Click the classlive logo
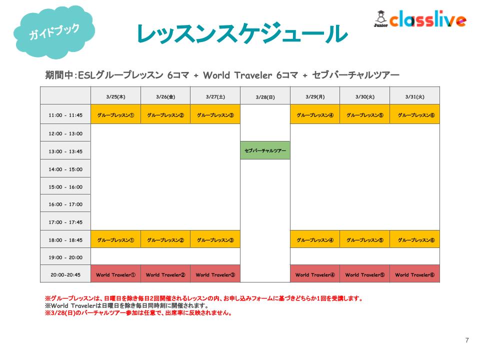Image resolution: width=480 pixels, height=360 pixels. click(420, 19)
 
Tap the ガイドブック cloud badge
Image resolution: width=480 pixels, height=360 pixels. click(54, 32)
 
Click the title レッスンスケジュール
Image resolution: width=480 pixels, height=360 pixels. click(242, 33)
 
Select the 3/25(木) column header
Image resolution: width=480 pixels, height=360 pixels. click(115, 96)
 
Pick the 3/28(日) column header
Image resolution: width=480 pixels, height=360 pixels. click(265, 97)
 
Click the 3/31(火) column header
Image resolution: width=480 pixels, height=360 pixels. click(415, 96)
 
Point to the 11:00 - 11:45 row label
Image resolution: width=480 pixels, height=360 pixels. click(65, 115)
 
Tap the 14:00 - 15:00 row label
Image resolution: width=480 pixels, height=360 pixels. click(65, 169)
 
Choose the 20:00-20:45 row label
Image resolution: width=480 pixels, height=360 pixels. click(65, 275)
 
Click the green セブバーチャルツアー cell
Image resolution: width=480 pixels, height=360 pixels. click(265, 150)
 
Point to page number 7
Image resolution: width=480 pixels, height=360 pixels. click(467, 340)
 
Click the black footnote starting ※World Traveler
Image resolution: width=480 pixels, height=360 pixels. click(126, 305)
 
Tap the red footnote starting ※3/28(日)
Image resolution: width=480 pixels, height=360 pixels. click(138, 313)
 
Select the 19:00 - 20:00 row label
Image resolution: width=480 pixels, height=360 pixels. click(65, 257)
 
